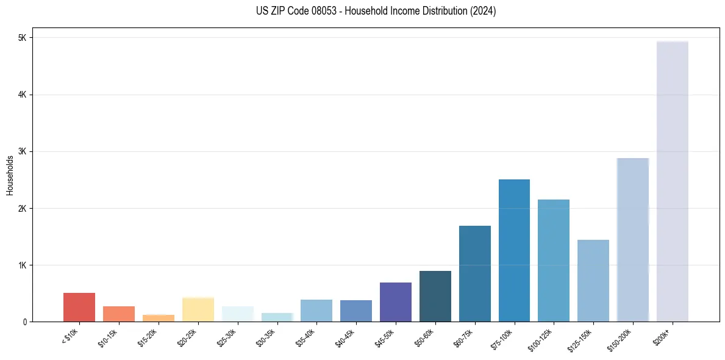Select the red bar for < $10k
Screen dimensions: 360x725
pyautogui.click(x=79, y=308)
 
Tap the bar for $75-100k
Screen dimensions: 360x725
pyautogui.click(x=514, y=251)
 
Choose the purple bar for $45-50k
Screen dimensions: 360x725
pyautogui.click(x=396, y=302)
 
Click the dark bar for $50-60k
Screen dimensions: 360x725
pyautogui.click(x=435, y=297)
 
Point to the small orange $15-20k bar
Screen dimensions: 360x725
pyautogui.click(x=159, y=319)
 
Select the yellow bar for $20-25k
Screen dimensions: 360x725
pyautogui.click(x=198, y=310)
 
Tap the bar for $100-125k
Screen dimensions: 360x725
pyautogui.click(x=554, y=261)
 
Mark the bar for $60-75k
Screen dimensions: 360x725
pyautogui.click(x=475, y=274)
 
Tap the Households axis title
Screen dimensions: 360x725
pyautogui.click(x=9, y=175)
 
